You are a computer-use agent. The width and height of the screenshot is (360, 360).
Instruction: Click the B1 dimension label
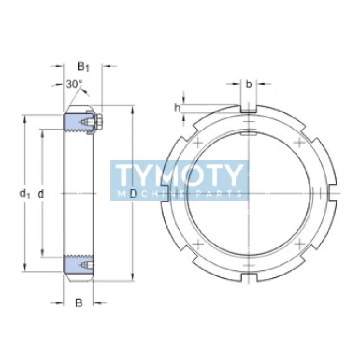[x=83, y=67]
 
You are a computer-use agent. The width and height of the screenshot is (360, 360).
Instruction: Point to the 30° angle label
[x=74, y=84]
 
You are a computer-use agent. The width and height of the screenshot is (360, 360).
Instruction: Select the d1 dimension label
[x=24, y=193]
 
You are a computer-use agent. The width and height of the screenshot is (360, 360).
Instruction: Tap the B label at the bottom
[x=79, y=303]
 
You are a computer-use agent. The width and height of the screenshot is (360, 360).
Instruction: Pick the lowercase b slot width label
[x=249, y=84]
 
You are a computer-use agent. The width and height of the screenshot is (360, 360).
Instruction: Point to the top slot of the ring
[x=249, y=108]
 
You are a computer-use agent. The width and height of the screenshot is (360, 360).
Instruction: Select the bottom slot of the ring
[x=249, y=278]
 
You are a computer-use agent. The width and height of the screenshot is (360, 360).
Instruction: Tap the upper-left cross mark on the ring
[x=197, y=143]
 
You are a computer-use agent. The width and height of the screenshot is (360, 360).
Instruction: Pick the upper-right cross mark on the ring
[x=300, y=143]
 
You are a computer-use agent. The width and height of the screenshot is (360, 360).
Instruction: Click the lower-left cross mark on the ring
[x=197, y=244]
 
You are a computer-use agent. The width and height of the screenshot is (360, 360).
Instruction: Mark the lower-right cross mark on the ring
[x=300, y=244]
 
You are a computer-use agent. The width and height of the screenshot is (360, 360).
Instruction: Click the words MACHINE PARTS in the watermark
[x=180, y=193]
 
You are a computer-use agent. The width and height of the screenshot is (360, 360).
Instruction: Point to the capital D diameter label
[x=133, y=194]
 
